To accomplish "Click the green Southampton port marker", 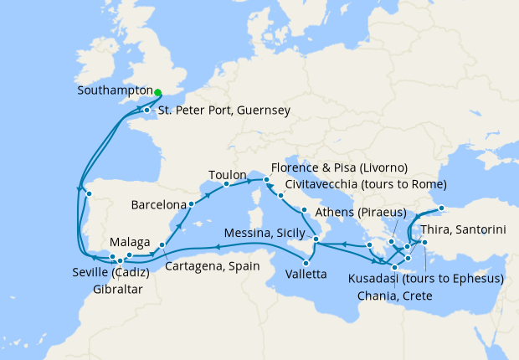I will (x=157, y=92).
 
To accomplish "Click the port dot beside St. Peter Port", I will (x=146, y=111).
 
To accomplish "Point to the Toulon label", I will (x=228, y=176).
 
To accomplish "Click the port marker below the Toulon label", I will (x=227, y=184).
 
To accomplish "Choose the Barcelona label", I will (x=158, y=204).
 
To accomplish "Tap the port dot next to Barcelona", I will (x=191, y=203).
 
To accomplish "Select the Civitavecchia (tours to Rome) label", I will (x=366, y=184).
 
